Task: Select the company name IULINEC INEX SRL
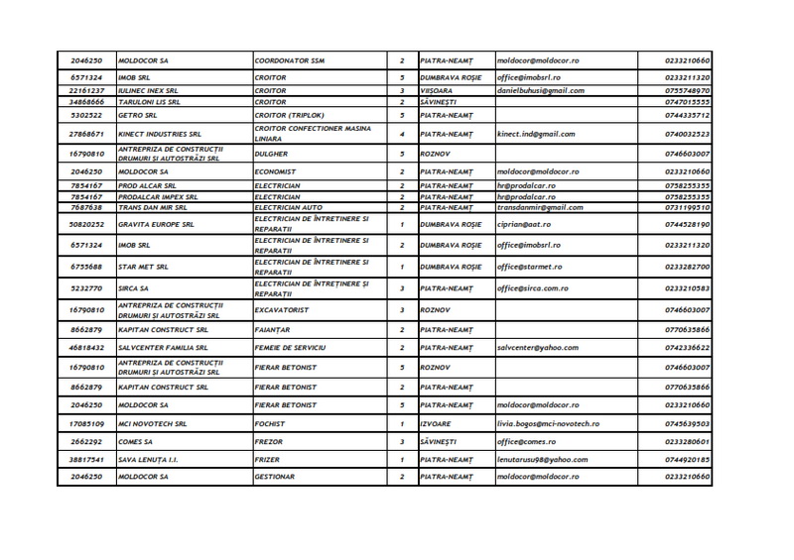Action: (x=150, y=90)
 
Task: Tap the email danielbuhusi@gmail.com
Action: (x=540, y=90)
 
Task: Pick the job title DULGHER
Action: (x=274, y=155)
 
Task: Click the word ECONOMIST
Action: (x=279, y=171)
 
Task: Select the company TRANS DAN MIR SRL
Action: (x=156, y=207)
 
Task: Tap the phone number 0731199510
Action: (x=687, y=207)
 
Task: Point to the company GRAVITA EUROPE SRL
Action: (x=158, y=224)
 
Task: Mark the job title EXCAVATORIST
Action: (x=284, y=310)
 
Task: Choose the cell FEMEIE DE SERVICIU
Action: (x=290, y=348)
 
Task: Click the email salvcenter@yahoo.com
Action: (x=537, y=348)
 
